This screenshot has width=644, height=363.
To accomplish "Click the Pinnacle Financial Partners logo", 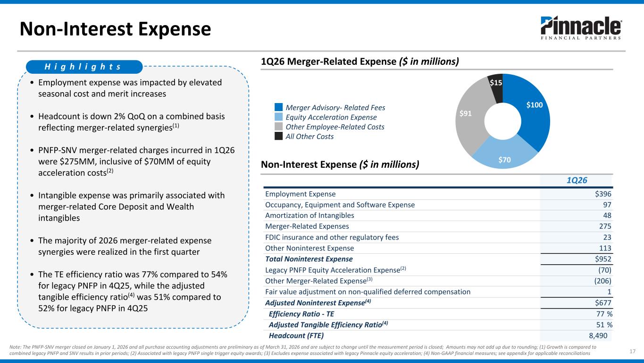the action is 581,28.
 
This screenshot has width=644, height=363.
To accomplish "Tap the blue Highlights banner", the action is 84,67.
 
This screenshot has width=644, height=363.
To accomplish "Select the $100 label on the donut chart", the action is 535,105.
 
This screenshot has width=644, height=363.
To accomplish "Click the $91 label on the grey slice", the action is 466,113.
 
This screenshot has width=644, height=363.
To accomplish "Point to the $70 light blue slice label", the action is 504,160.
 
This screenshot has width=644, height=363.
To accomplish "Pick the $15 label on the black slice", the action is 496,83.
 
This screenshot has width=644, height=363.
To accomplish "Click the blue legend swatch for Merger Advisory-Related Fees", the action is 278,107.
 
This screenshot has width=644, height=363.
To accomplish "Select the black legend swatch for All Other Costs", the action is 278,136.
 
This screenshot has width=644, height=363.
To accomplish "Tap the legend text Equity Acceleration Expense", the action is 331,117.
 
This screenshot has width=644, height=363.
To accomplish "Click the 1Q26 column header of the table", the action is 577,181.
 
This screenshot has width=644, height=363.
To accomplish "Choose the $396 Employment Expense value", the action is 603,194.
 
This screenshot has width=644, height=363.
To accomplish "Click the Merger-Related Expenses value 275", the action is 605,226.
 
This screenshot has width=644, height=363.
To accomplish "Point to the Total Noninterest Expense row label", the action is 309,259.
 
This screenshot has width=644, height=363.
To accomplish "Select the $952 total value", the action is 603,259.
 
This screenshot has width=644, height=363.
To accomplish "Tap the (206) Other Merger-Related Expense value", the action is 603,281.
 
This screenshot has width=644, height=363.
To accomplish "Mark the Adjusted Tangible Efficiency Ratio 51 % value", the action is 604,325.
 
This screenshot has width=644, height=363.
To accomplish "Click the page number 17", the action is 633,351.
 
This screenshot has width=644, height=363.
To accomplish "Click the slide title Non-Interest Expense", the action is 115,29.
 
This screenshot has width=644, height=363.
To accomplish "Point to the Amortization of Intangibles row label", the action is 309,216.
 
